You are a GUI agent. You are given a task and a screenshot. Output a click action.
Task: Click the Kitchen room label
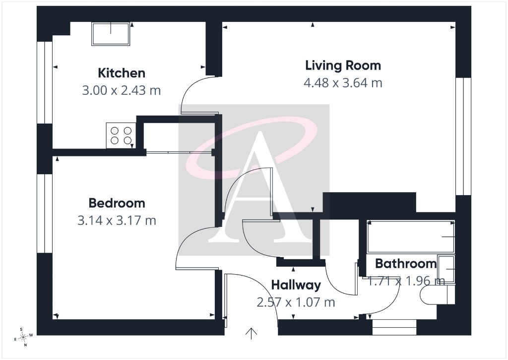pyautogui.click(x=122, y=73)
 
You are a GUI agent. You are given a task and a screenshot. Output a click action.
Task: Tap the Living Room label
pyautogui.click(x=343, y=65)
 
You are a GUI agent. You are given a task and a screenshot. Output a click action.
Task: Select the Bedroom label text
pyautogui.click(x=117, y=203)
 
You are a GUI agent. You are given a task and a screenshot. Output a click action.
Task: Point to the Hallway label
pyautogui.click(x=296, y=285)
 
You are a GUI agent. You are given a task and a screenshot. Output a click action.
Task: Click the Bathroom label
pyautogui.click(x=406, y=263)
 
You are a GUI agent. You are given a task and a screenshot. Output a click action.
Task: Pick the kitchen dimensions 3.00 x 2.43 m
pyautogui.click(x=122, y=90)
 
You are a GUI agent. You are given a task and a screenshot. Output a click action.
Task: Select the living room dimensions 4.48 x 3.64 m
pyautogui.click(x=343, y=83)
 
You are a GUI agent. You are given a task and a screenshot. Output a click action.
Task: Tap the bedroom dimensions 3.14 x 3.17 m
pyautogui.click(x=117, y=220)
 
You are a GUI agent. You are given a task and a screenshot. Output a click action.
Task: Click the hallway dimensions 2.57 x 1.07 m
pyautogui.click(x=296, y=302)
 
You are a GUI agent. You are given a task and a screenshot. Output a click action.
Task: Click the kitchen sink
pyautogui.click(x=111, y=34)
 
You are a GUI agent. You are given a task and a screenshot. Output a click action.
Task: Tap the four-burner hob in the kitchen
pyautogui.click(x=121, y=135)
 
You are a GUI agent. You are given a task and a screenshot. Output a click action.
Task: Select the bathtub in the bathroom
pyautogui.click(x=411, y=236)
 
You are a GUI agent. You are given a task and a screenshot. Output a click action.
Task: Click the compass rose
pyautogui.click(x=23, y=338)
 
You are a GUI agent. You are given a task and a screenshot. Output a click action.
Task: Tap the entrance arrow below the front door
pyautogui.click(x=251, y=334)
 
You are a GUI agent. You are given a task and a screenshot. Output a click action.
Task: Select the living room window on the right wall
pyautogui.click(x=463, y=136)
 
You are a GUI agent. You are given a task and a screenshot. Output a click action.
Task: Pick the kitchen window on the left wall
pyautogui.click(x=45, y=82)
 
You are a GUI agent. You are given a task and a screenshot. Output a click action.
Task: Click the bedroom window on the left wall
pyautogui.click(x=45, y=214)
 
